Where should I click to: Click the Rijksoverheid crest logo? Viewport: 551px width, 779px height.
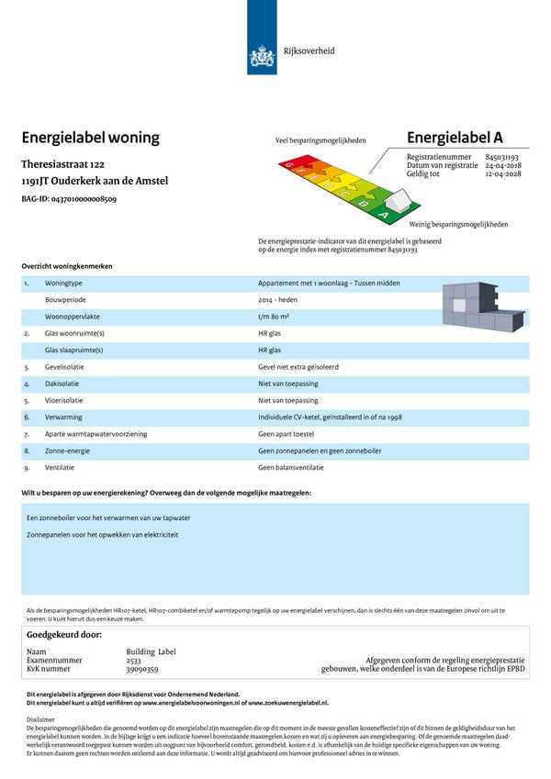263,58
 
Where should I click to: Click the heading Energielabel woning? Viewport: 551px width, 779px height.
90,138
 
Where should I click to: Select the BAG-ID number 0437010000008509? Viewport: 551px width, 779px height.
84,198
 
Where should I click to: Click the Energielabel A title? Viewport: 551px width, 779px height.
455,138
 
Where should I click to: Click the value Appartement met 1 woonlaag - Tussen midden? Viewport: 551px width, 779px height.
329,284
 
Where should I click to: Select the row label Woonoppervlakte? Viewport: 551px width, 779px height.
73,317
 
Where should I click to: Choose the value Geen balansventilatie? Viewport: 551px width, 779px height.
291,467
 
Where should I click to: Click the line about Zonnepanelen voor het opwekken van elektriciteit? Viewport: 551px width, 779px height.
102,534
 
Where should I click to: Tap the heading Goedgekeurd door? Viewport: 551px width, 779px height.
63,634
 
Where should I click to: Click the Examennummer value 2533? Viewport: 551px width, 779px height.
134,660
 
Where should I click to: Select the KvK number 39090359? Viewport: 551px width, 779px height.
142,669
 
